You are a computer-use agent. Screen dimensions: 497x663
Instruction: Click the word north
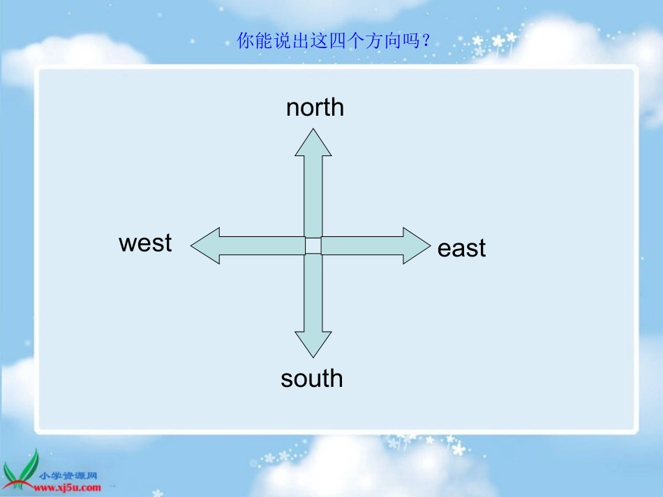315,107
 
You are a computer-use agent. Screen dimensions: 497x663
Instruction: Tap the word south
312,379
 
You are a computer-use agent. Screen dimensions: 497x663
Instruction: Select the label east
461,249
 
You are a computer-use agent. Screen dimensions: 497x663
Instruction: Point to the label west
145,243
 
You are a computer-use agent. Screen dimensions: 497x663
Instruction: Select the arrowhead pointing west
207,246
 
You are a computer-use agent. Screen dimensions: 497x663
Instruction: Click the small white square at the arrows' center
313,245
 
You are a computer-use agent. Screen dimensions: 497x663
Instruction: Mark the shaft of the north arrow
313,195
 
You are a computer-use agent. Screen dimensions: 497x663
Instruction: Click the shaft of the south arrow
313,293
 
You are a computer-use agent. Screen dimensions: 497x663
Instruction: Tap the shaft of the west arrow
262,245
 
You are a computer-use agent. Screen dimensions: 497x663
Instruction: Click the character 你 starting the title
245,41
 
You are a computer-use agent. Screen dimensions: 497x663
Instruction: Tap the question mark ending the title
427,41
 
